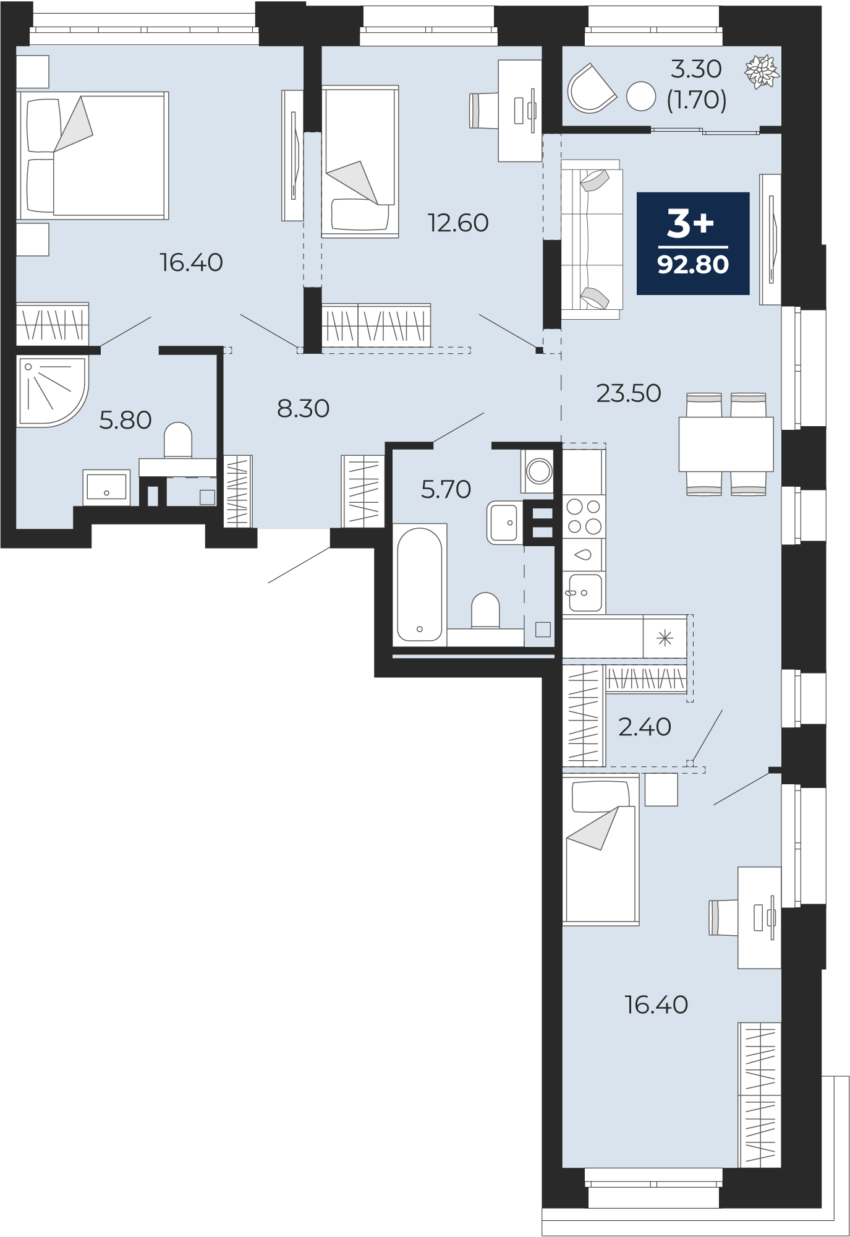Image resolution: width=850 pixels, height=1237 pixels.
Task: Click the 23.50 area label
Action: pos(629,393)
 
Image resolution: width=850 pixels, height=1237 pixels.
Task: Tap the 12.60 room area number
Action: pos(458,223)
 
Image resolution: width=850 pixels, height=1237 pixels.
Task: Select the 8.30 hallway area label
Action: pos(303,408)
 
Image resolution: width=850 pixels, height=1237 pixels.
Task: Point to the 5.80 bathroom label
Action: pos(125,420)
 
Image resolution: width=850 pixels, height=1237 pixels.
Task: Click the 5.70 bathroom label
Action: pos(446,489)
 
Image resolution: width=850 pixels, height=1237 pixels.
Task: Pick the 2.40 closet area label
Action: pos(645,727)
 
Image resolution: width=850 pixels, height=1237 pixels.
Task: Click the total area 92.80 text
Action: pos(693,265)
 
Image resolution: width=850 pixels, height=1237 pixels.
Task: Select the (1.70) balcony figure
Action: pos(697,100)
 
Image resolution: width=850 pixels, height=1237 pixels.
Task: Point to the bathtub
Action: pos(420,584)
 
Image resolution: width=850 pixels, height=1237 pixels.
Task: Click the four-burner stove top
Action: pos(584,516)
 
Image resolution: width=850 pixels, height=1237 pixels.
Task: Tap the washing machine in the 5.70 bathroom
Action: pos(539,471)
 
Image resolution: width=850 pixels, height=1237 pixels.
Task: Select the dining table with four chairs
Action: pos(726,444)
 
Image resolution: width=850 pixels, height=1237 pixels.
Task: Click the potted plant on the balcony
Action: pos(762,71)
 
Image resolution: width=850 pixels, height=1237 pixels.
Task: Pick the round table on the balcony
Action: pos(641,96)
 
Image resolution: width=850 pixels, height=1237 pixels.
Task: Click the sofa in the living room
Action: pos(591,239)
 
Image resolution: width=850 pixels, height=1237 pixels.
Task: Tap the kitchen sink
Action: pos(584,593)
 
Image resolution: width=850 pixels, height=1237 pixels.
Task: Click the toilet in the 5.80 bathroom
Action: pos(178,440)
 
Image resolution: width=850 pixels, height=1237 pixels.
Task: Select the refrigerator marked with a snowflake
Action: pos(665,637)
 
